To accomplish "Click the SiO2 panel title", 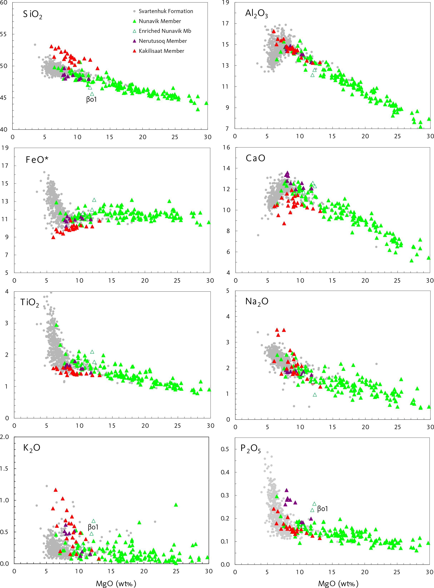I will coord(32,14).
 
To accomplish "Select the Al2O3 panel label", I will coord(256,13).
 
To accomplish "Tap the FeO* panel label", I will coord(37,160).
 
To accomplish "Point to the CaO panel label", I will coord(255,158).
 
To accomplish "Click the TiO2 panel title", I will coord(29,302).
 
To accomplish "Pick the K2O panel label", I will coord(31,448).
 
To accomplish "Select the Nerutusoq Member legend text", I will coord(163,41).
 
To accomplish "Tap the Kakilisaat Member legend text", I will coord(161,51).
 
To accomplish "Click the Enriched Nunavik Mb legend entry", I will coord(165,31).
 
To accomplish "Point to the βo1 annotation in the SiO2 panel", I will coord(91,99).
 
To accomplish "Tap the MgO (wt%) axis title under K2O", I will coord(116,583).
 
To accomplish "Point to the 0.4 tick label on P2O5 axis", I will coord(225,472).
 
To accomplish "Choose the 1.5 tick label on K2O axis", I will coord(4,469).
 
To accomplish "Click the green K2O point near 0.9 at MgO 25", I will coord(176,505).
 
